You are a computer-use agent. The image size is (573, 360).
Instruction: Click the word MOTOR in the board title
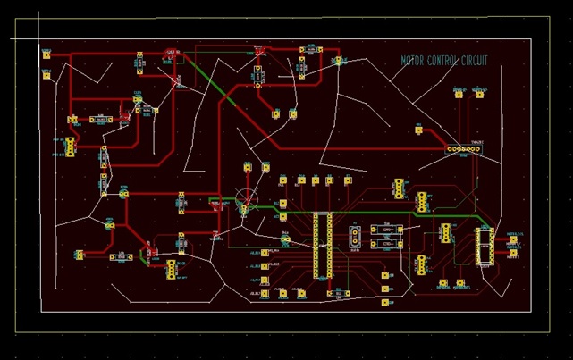413,61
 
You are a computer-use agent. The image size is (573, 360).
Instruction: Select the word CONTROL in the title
444,61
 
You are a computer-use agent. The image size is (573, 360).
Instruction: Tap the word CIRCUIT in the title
475,61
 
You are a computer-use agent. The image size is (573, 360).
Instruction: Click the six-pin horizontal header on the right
463,149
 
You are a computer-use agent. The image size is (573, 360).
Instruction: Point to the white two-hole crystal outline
355,236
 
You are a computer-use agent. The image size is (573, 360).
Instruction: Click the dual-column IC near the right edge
485,246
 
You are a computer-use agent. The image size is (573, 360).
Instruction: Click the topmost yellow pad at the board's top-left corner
46,55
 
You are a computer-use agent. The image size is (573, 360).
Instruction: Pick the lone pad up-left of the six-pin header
418,130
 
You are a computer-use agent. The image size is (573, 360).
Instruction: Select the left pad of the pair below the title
459,93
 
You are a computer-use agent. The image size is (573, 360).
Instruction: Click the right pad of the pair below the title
480,93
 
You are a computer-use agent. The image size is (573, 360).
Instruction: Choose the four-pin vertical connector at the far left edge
69,147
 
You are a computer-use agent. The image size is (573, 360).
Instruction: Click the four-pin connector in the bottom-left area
170,269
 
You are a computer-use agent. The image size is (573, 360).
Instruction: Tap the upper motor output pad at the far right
513,239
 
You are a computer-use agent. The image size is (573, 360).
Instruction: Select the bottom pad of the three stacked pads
385,303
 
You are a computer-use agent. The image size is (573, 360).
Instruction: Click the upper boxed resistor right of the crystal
387,230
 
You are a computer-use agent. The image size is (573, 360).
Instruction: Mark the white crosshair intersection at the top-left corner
38,38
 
